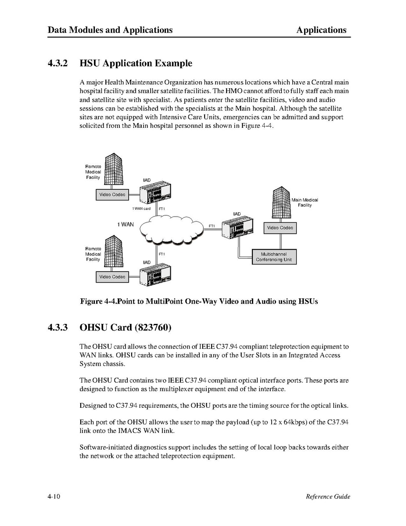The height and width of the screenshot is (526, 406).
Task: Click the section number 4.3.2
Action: point(58,63)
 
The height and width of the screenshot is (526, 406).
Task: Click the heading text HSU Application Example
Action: point(136,63)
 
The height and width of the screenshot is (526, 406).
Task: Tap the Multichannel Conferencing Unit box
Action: point(274,257)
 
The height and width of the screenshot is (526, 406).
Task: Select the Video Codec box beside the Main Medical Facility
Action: point(280,228)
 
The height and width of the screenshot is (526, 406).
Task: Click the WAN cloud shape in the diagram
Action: point(172,229)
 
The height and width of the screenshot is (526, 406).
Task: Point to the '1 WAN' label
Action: point(125,225)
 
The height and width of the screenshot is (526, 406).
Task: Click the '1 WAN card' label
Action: point(141,209)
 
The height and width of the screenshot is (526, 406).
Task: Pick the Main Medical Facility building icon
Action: point(281,202)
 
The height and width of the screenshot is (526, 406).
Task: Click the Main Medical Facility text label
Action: point(305,203)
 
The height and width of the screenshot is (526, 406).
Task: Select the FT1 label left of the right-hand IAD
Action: point(212,226)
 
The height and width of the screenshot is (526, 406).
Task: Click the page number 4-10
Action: point(54,497)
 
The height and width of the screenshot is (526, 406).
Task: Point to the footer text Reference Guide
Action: point(328,497)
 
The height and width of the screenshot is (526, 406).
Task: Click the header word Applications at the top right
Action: point(321,30)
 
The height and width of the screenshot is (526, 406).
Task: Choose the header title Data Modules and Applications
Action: point(110,30)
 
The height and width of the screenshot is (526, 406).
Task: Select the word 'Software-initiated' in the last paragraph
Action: point(106,447)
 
